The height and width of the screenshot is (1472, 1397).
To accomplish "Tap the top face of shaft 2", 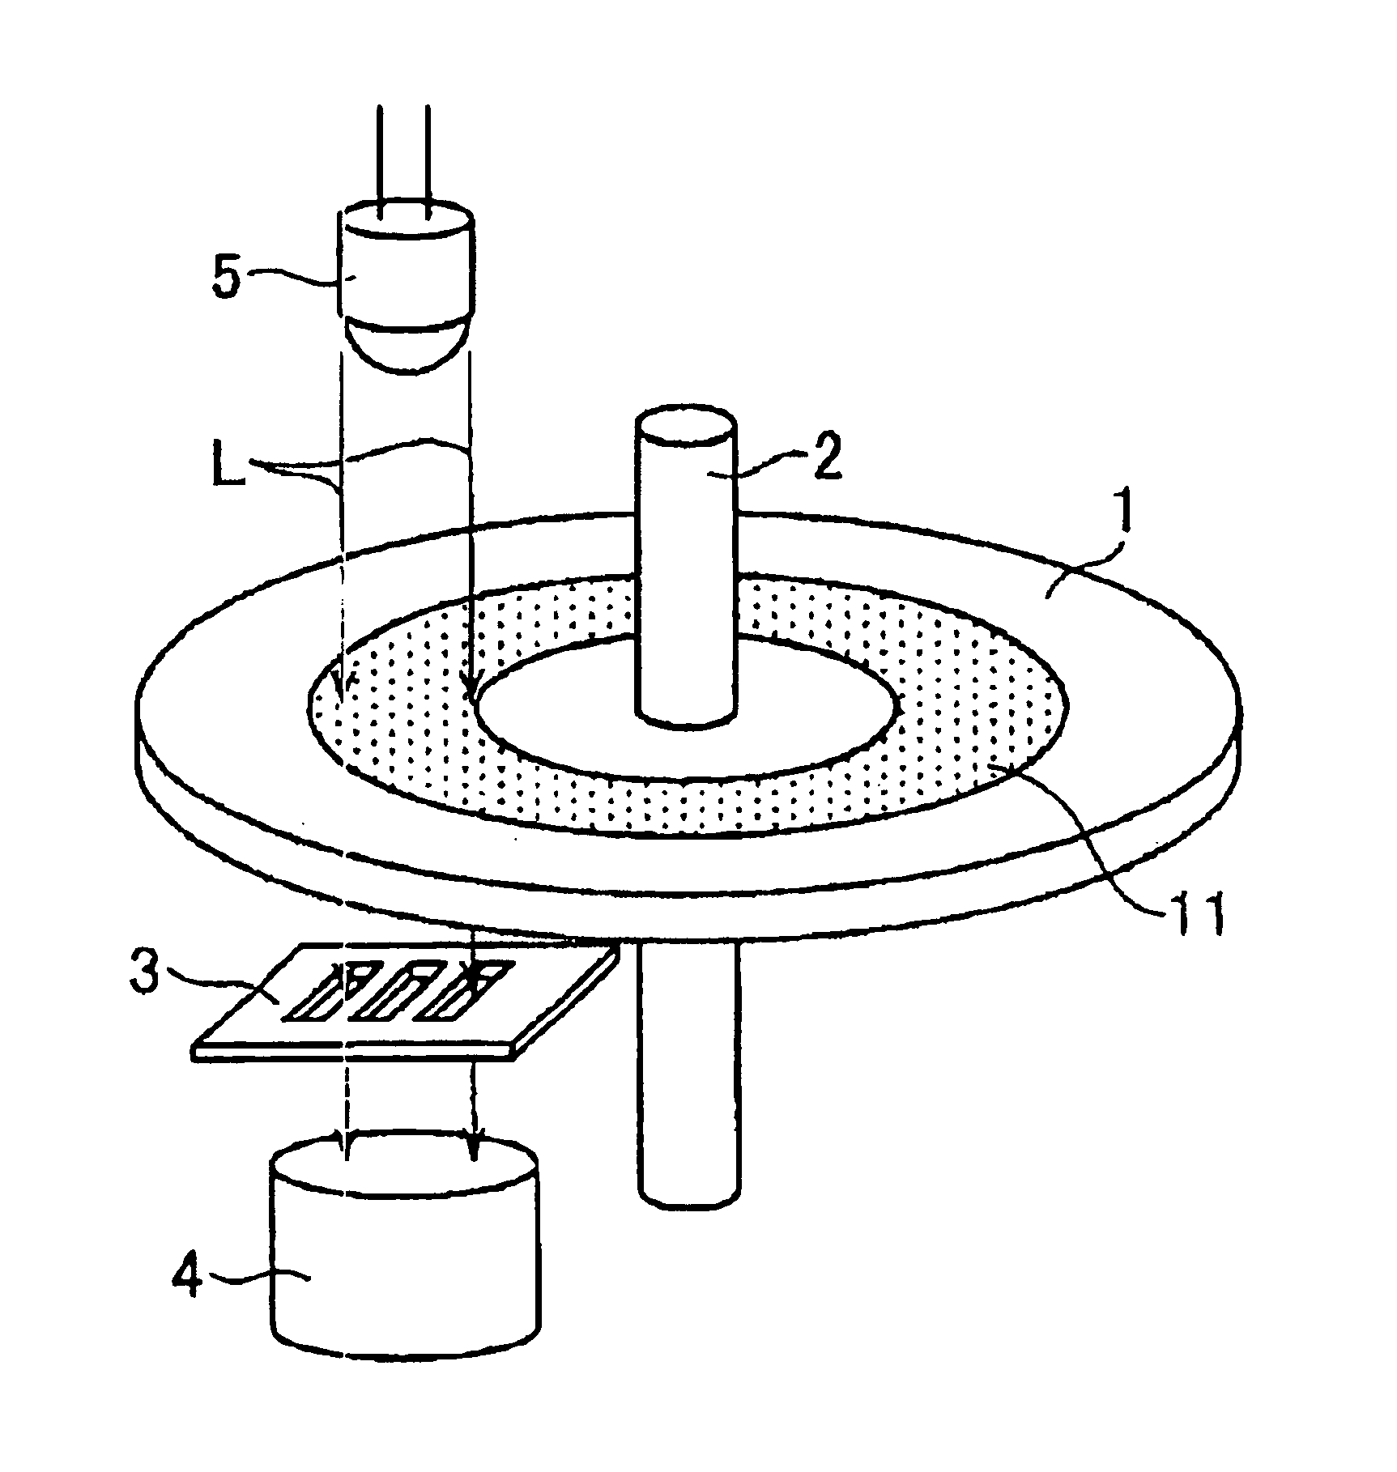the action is [686, 428].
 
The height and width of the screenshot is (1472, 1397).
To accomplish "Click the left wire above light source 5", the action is [380, 162].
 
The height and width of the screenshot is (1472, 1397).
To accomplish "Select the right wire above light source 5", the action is [427, 162].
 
